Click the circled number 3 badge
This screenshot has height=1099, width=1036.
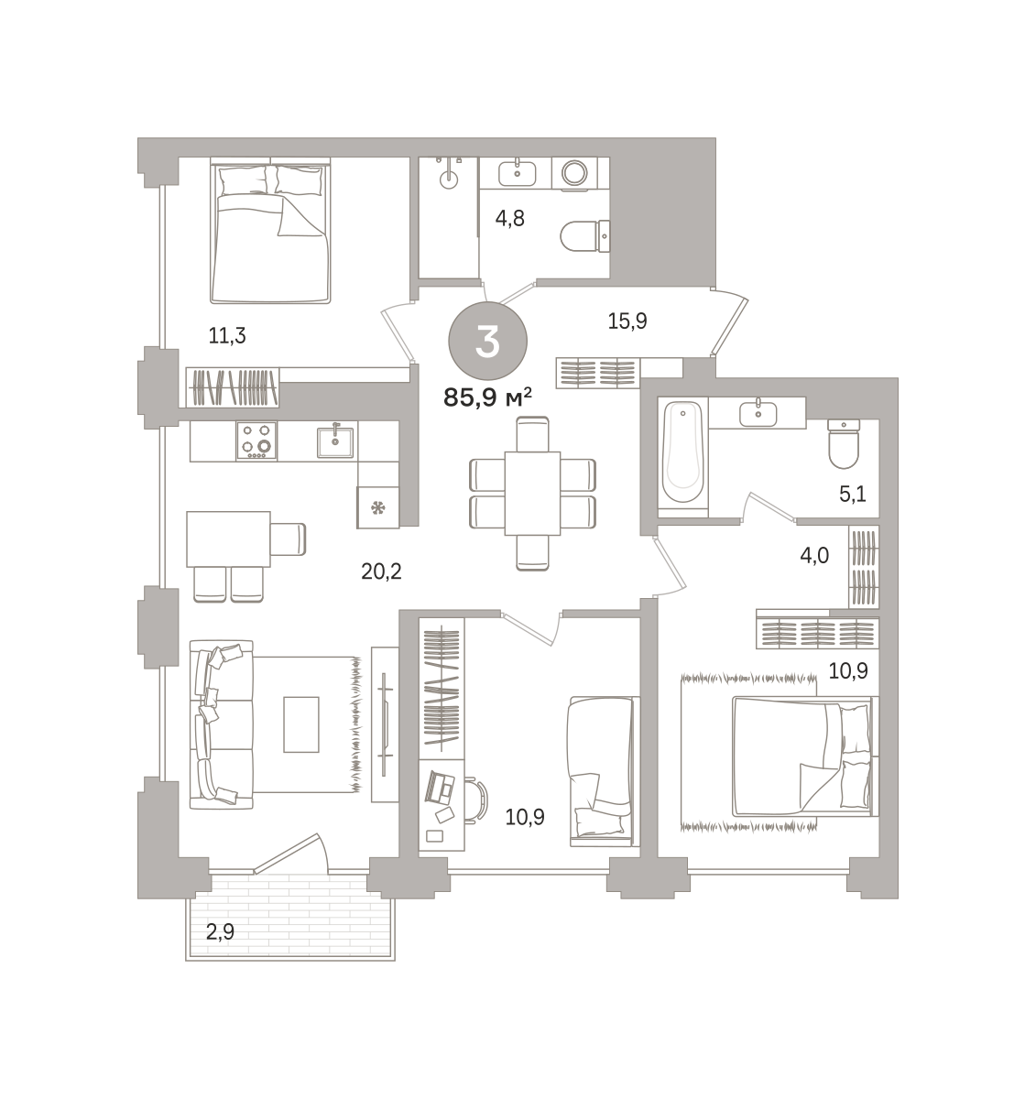tap(487, 342)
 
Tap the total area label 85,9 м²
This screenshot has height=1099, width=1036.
tap(487, 397)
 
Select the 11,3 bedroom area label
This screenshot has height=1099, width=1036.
tap(227, 335)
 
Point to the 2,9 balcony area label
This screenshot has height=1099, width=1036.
tap(220, 932)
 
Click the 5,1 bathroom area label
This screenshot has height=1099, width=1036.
tap(852, 495)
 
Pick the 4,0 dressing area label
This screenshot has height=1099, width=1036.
tap(814, 554)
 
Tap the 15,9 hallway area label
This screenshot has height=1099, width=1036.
tap(627, 321)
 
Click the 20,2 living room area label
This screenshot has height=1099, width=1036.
tap(381, 571)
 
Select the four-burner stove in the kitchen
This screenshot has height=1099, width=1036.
tap(256, 441)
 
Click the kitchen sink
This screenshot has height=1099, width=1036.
tap(335, 441)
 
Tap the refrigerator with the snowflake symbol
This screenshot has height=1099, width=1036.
tap(378, 506)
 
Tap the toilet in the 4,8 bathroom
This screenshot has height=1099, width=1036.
tap(584, 237)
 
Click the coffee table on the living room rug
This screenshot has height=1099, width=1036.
tap(301, 724)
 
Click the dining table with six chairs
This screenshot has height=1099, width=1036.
tap(532, 493)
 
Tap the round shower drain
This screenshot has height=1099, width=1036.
tap(449, 180)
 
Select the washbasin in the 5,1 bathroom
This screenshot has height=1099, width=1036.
tap(758, 413)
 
